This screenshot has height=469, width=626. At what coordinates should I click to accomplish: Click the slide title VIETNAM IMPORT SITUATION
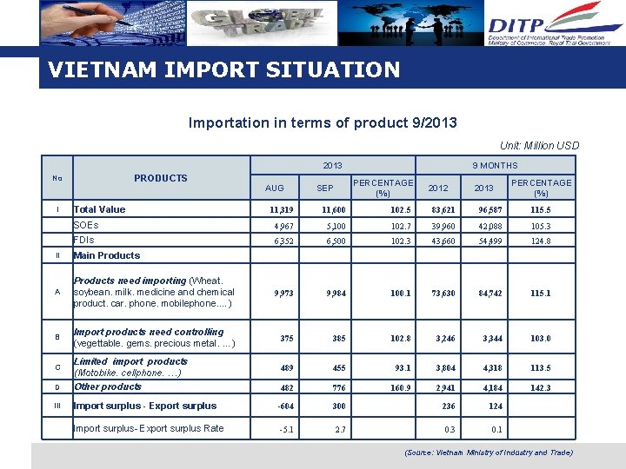224,69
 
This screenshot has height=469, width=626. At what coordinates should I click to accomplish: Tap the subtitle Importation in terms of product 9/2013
323,122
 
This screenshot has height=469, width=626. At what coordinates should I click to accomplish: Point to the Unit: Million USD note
539,145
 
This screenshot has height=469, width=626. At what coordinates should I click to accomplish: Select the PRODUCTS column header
160,178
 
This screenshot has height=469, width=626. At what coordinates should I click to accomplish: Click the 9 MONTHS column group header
495,165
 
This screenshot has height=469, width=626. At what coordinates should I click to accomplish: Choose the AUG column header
274,188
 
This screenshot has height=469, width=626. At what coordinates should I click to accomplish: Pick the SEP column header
324,188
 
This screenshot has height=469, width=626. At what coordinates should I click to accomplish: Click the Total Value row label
99,209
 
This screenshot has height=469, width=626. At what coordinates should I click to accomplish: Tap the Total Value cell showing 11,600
333,209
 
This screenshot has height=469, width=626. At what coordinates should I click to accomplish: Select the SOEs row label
86,225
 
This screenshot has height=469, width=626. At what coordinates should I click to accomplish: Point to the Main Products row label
106,255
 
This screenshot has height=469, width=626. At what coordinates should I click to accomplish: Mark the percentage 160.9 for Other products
399,388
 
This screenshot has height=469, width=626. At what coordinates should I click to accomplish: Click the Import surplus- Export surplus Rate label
149,428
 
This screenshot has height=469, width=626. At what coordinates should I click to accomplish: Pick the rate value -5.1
285,429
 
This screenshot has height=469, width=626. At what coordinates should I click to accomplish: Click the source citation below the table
489,452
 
